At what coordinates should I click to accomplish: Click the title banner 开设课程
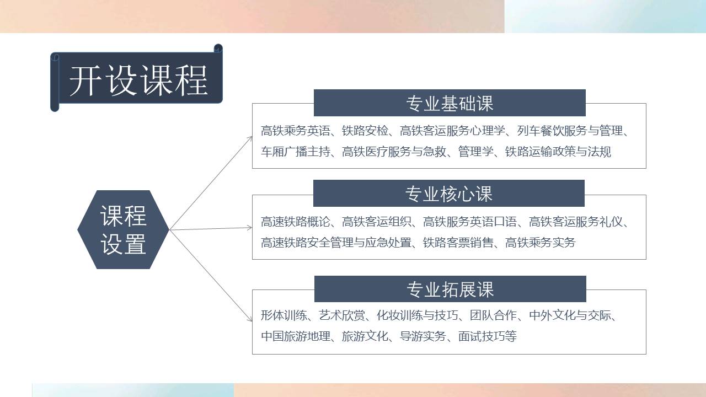136,78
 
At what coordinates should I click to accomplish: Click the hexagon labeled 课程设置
123,229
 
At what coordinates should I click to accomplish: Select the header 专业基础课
450,103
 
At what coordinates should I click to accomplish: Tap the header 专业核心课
449,194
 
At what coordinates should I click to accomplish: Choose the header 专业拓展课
450,289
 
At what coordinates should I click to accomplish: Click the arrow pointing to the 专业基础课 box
211,183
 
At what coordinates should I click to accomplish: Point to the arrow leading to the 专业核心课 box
211,228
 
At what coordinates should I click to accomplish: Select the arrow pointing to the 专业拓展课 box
211,276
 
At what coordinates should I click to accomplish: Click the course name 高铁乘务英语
295,131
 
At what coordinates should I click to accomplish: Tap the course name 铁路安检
365,131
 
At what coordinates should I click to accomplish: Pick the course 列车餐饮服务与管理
570,131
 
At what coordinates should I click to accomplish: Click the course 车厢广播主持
295,152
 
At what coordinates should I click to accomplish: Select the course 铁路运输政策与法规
558,152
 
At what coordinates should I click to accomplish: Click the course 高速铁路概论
295,222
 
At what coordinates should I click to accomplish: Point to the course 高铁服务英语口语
469,222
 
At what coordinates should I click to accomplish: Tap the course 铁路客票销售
458,243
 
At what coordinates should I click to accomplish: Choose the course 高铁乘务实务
540,243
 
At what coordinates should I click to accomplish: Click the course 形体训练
284,315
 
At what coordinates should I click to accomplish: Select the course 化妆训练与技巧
418,315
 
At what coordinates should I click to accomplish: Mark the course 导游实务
422,336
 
